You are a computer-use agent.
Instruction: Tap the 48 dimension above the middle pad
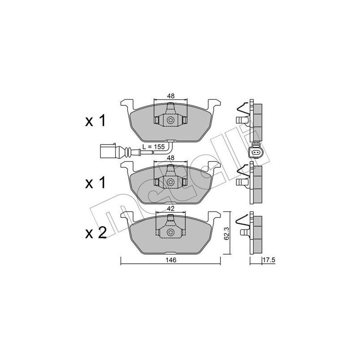point(171,158)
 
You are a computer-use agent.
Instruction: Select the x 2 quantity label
point(95,233)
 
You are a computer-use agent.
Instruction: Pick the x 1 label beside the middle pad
point(95,182)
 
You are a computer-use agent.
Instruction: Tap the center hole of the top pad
point(171,120)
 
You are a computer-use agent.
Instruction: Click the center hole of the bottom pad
point(171,233)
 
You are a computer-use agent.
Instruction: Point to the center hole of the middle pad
point(171,182)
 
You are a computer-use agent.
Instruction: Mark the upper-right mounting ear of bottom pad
point(216,216)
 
